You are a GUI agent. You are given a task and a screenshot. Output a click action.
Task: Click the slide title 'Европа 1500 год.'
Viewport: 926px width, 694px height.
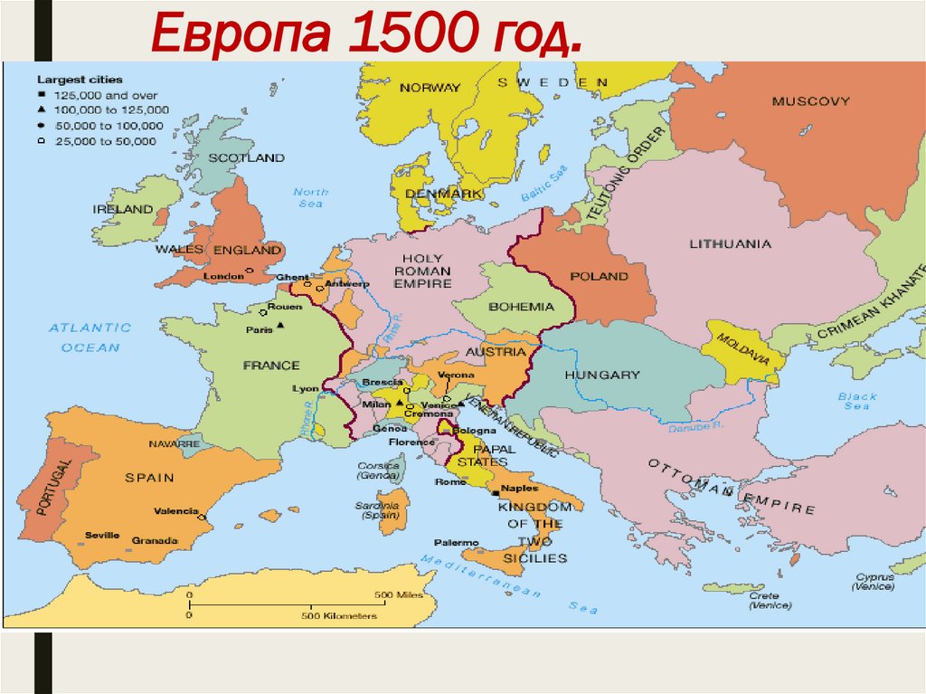pos(365,33)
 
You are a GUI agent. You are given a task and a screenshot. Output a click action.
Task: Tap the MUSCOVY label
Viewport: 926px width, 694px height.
pos(810,101)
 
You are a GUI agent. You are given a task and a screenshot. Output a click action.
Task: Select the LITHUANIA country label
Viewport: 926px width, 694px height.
pos(730,244)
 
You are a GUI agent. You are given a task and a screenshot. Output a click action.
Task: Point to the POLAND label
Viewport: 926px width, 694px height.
pos(599,276)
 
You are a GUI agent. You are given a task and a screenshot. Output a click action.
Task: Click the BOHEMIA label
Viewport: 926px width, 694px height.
pos(521,307)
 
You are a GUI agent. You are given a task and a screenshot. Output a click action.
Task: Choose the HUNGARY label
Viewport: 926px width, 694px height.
pos(601,375)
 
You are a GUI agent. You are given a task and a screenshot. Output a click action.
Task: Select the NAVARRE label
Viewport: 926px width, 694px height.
pos(175,444)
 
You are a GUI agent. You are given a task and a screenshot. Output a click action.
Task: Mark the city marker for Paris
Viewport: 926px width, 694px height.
pos(281,326)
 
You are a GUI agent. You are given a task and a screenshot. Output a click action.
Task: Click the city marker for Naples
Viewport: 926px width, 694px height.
pos(495,495)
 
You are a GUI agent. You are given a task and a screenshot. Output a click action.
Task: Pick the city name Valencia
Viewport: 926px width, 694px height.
pos(175,511)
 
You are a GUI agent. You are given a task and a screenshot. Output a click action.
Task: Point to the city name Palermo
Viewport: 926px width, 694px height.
pos(456,542)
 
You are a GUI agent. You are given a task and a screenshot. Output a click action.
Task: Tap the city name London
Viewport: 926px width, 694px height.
pos(223,275)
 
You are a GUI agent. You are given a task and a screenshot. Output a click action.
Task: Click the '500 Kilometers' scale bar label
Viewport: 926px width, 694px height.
pos(339,615)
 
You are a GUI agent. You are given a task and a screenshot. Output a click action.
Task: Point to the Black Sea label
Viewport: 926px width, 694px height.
pos(856,402)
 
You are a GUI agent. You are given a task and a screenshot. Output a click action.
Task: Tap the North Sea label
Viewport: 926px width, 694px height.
pos(310,197)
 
